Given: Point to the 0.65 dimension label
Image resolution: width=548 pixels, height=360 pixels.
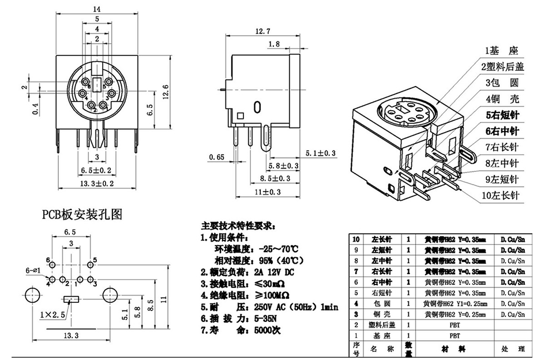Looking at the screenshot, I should (x=217, y=156).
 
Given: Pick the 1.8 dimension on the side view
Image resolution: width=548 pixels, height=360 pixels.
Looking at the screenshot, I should (x=275, y=44).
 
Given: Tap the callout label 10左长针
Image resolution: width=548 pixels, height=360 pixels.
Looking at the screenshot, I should (x=501, y=196).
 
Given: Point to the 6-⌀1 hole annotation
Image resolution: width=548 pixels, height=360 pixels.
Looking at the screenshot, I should (x=32, y=269).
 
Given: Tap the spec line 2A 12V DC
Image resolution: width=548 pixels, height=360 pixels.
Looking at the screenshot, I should (x=265, y=272).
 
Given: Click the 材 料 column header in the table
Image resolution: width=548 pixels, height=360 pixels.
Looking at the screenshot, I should (x=454, y=349).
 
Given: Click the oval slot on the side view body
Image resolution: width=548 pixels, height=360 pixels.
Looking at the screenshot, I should (x=257, y=108).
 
